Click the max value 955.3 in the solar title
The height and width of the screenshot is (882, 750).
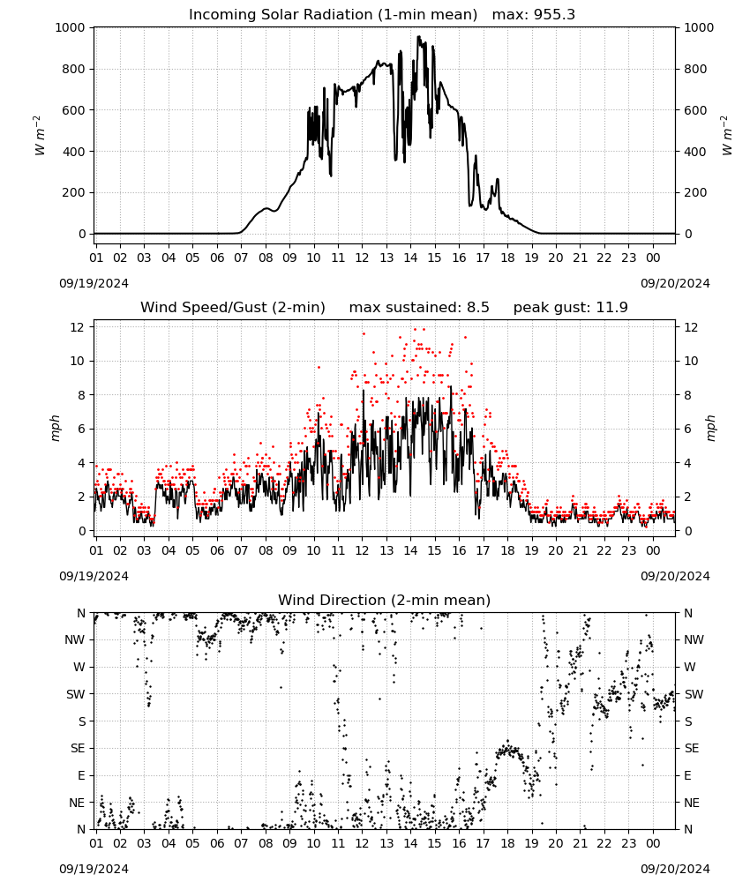554,15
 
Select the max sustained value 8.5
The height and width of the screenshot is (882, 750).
478,308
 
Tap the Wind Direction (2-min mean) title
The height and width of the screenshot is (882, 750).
385,600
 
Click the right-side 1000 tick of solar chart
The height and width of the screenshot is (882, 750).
699,27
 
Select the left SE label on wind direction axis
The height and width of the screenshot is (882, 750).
78,748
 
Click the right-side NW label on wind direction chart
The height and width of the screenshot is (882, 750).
694,639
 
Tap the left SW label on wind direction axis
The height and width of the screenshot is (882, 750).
76,694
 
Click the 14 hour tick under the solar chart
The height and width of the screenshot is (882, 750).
410,258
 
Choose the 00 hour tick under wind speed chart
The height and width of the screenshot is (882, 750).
653,550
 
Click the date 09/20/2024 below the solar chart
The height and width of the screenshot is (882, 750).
675,283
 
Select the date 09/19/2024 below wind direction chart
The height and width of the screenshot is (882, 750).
94,869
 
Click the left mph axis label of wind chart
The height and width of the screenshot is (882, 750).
55,428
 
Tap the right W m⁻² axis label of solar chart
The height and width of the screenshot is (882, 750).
726,136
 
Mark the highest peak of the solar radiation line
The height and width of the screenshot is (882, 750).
418,36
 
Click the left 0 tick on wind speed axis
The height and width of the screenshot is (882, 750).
82,531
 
